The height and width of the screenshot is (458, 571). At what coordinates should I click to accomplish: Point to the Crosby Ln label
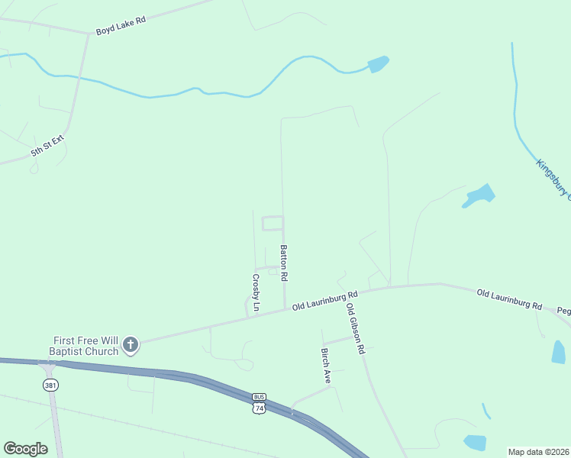pos(256,294)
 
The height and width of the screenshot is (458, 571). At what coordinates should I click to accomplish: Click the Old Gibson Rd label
pos(356,329)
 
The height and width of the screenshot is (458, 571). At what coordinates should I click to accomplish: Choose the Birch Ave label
pos(326,366)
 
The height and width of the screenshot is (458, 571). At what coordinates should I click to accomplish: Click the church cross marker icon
pos(131,345)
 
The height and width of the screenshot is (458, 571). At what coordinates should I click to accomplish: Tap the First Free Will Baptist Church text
pos(85,346)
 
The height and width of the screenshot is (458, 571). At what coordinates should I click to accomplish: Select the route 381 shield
pos(50,385)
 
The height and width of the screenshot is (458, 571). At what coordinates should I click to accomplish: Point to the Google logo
pos(25,449)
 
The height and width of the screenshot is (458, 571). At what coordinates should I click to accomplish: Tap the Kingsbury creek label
pos(553,179)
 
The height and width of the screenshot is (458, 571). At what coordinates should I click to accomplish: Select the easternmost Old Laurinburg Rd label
pos(509,298)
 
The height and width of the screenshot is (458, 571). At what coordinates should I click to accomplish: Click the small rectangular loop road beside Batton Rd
pos(273,223)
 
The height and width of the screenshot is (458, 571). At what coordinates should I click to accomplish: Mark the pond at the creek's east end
pos(379,64)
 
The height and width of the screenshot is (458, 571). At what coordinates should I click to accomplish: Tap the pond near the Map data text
pos(475,442)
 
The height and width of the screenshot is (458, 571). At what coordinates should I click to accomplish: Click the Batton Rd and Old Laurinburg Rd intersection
pos(285,308)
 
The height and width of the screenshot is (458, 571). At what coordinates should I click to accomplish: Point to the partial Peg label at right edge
pos(563,311)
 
